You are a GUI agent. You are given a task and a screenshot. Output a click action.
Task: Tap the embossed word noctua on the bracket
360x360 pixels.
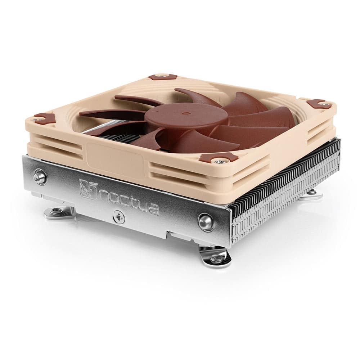point(128,200)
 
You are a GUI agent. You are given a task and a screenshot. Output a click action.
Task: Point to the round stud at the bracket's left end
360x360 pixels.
point(40,177)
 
